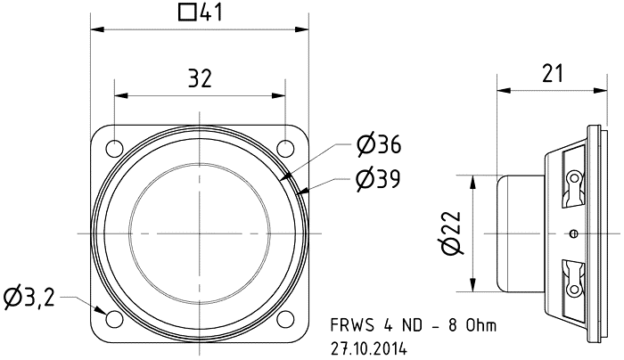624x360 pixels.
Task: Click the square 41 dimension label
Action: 201,12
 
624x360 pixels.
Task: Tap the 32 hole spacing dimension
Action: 200,78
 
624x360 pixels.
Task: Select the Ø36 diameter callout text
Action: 379,144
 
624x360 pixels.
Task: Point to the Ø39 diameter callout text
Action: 378,179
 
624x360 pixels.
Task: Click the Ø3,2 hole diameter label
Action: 29,297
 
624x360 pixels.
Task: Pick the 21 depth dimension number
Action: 553,74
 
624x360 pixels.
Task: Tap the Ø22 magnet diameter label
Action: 451,233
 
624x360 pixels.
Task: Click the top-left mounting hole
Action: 115,149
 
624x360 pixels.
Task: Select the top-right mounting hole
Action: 285,149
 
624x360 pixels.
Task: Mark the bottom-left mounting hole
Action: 114,319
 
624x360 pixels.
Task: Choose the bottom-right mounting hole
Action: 285,319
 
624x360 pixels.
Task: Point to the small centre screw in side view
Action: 573,233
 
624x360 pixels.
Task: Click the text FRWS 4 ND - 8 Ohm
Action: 414,325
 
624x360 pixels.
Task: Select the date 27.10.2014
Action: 369,348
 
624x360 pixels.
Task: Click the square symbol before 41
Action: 187,12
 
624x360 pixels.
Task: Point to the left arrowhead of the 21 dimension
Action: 505,90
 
